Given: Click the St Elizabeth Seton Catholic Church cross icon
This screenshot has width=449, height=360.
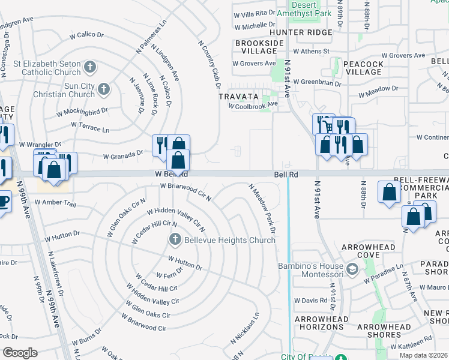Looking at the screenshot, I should tap(90, 67).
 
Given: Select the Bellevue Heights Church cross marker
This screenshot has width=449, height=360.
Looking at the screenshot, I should tap(175, 240).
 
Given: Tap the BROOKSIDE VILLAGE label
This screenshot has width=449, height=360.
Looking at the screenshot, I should tap(259, 47).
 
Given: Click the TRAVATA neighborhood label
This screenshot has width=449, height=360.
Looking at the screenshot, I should tap(238, 96).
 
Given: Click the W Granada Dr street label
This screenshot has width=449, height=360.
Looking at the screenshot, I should tap(122, 155).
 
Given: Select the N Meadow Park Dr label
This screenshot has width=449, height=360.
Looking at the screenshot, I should tap(262, 208).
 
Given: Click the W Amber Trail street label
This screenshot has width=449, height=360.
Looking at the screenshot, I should tap(55, 204).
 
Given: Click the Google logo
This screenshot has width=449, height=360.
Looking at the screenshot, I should tap(20, 353).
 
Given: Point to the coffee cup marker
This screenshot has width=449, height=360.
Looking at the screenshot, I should tap(3, 201).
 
